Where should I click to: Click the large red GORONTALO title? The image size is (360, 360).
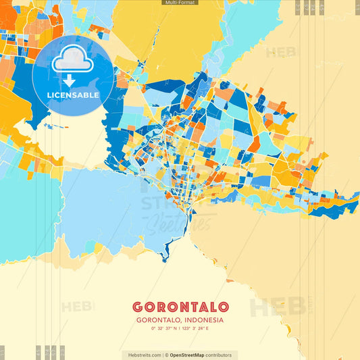(180, 307)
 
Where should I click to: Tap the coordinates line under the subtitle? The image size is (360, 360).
(180, 328)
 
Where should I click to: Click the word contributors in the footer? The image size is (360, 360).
(218, 355)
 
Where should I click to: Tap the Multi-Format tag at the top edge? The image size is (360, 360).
(180, 3)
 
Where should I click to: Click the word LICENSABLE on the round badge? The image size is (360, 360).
(73, 95)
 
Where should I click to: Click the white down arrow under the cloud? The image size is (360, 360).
(70, 81)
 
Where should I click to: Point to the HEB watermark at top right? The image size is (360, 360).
(281, 53)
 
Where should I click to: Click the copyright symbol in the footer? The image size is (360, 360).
(166, 355)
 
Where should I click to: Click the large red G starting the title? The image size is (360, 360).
(138, 307)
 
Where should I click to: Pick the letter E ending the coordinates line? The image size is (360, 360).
(207, 328)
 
